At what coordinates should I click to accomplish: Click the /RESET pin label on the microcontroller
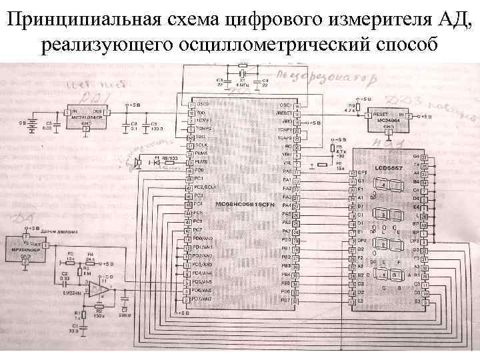[285, 114]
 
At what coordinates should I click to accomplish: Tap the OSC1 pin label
[285, 105]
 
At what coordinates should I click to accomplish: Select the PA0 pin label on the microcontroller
[287, 171]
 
